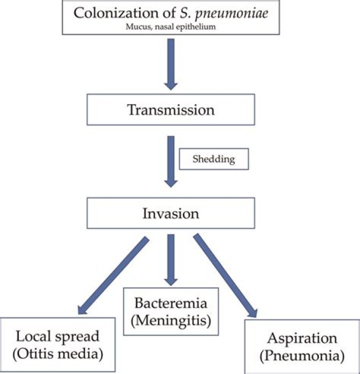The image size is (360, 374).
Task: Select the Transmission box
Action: (171, 110)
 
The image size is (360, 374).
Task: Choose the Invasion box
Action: (171, 213)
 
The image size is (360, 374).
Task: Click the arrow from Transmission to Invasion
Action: (171, 160)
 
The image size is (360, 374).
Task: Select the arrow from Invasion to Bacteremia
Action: (171, 258)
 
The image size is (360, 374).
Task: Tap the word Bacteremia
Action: (171, 303)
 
